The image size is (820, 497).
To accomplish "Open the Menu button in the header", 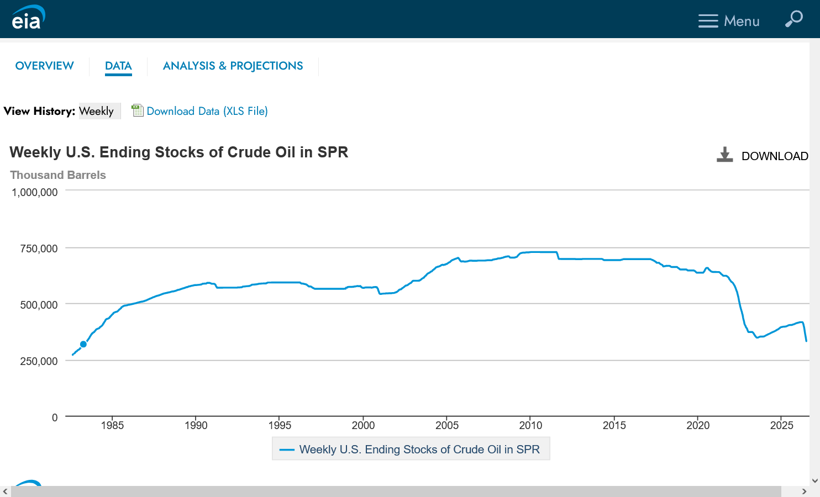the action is click(728, 21).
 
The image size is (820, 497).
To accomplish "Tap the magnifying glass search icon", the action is click(793, 19).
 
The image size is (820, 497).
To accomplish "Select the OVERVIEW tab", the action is click(44, 66).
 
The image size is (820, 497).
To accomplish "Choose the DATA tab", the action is click(118, 66).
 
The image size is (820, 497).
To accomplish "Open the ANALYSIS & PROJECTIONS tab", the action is click(233, 66).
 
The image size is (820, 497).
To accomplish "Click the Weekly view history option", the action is click(97, 111).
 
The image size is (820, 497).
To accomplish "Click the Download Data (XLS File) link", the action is click(207, 111).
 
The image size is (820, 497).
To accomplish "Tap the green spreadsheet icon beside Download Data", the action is click(137, 110).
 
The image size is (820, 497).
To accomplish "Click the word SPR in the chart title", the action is click(333, 152).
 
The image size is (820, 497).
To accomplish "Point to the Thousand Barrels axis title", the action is click(58, 175).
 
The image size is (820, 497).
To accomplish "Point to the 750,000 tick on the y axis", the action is click(39, 248).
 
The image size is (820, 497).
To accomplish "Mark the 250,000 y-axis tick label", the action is click(39, 361).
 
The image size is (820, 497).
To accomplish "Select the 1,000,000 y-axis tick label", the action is click(35, 192).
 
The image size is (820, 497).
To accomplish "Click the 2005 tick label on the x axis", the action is click(446, 425).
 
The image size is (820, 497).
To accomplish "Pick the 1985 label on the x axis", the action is click(112, 425).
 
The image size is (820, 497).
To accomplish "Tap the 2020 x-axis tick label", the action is click(698, 425).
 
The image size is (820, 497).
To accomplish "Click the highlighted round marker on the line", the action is click(83, 344).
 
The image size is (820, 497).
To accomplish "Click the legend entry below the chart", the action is click(411, 449).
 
